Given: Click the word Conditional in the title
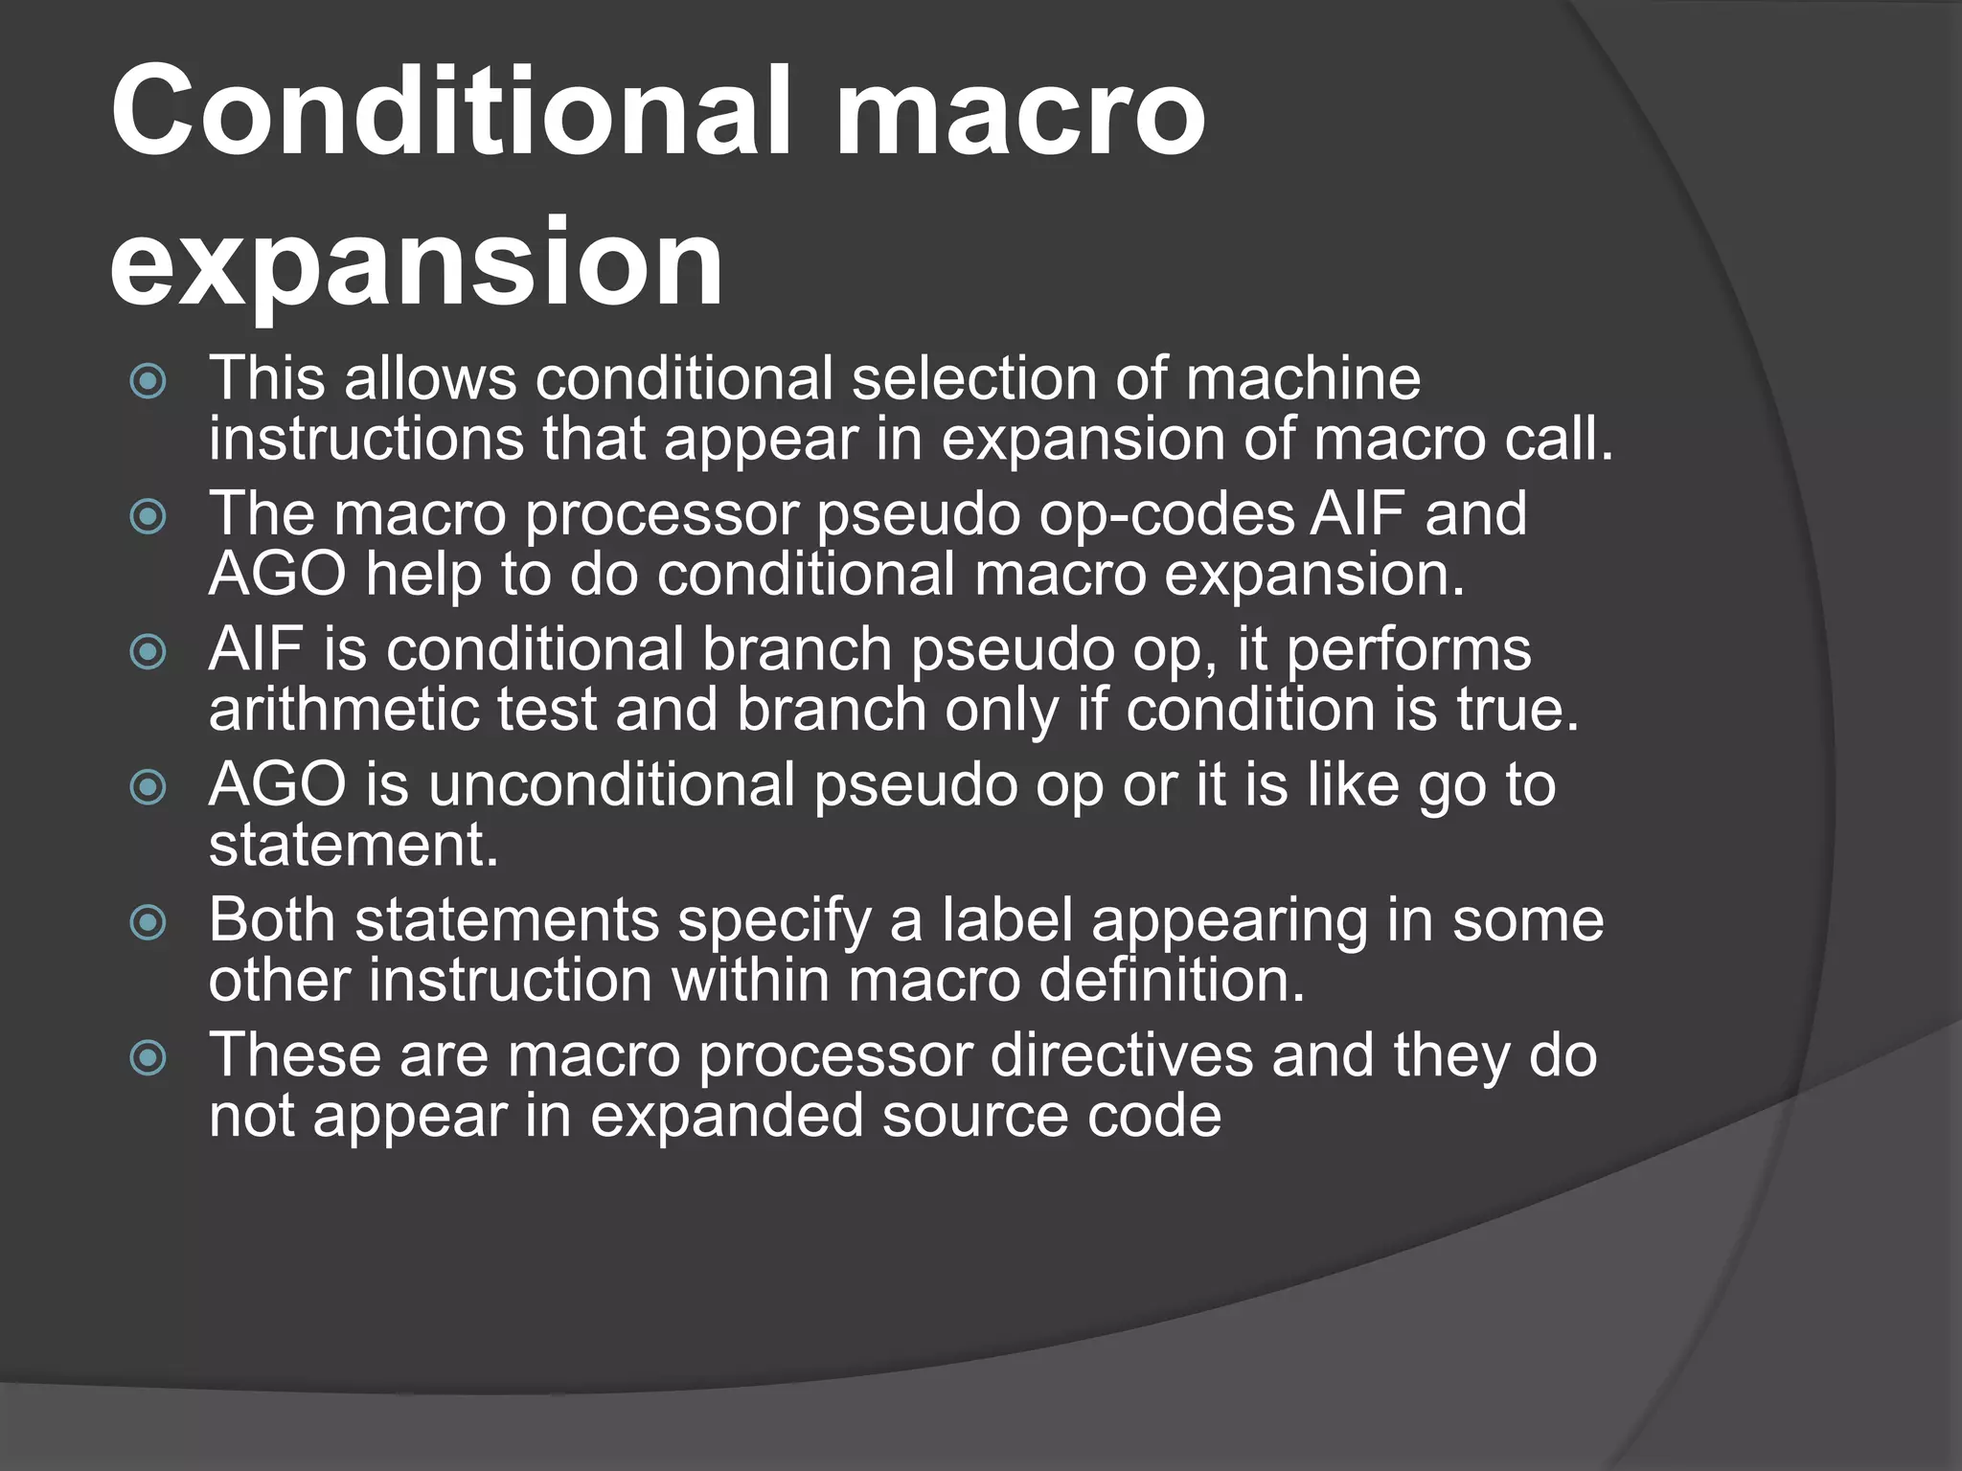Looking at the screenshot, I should pos(450,113).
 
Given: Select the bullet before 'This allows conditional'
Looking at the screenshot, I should pos(148,383).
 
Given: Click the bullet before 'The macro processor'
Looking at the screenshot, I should pos(148,518).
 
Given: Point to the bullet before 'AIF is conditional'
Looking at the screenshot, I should pos(148,653).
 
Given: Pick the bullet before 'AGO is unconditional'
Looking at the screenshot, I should pos(148,788).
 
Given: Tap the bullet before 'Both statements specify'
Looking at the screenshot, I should pos(148,923).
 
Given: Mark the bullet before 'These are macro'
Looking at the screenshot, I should pos(148,1058).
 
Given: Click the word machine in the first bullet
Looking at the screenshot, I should pos(1303,378).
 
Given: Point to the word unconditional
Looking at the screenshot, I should pos(611,785).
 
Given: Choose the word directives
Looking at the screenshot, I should pos(1120,1055).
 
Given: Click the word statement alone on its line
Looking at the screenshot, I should pos(353,847).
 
